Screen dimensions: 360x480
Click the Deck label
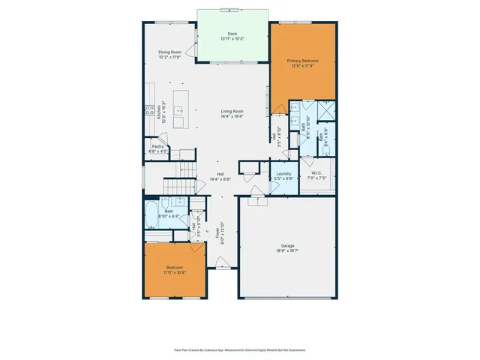[233, 34]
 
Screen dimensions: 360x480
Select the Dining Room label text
[170, 52]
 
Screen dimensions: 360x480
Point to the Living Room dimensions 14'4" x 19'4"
[232, 116]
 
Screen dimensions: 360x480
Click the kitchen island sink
[180, 111]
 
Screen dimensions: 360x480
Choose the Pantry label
[158, 147]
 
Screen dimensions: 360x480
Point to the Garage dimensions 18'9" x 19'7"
[287, 252]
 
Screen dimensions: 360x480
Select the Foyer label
[218, 234]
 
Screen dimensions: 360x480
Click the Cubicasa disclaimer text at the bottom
[240, 349]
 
